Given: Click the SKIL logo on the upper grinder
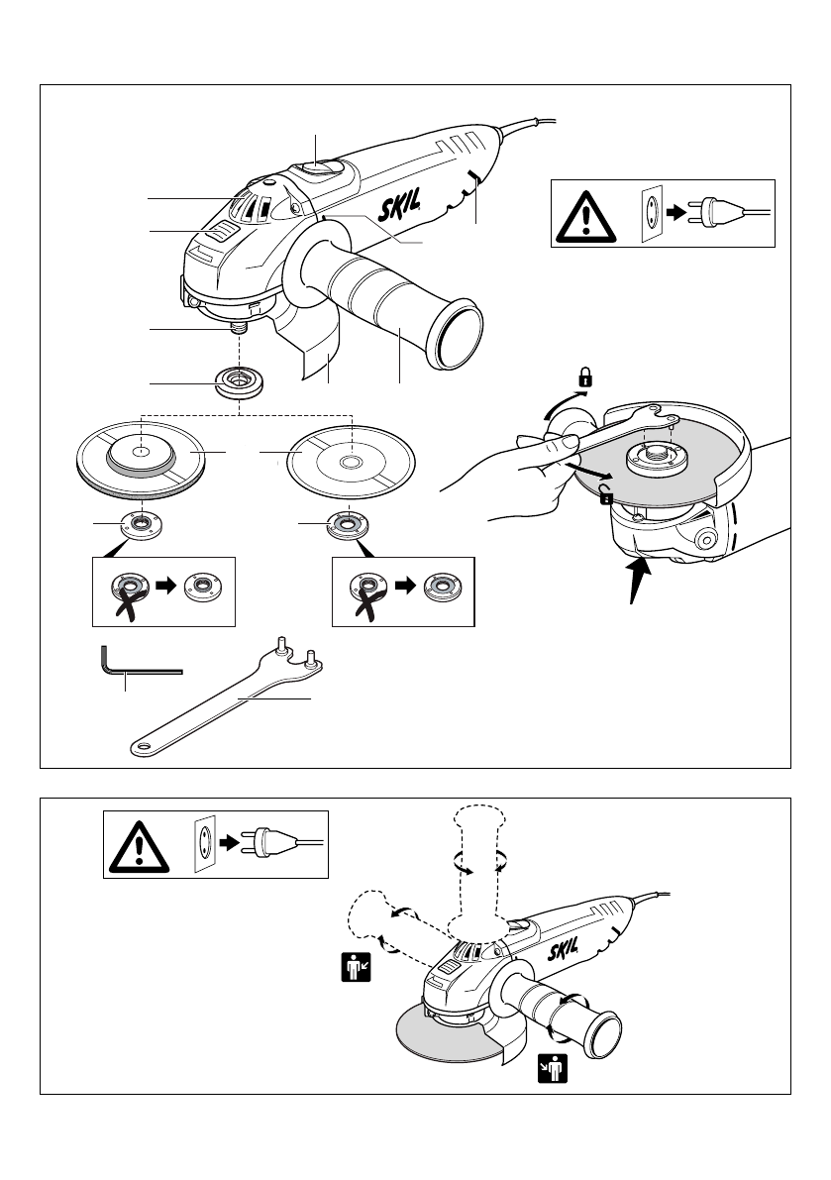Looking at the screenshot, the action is pyautogui.click(x=398, y=205).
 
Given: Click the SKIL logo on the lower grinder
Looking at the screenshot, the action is pyautogui.click(x=563, y=951).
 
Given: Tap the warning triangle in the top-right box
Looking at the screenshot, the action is pyautogui.click(x=585, y=218).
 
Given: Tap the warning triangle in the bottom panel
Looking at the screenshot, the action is pyautogui.click(x=139, y=847).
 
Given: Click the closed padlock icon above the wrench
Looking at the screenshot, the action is pyautogui.click(x=585, y=377).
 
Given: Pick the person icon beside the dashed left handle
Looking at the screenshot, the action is pyautogui.click(x=356, y=967).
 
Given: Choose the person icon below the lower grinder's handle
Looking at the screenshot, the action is pyautogui.click(x=553, y=1069).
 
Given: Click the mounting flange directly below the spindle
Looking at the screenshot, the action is pyautogui.click(x=239, y=382).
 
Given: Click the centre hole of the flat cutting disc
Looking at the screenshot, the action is pyautogui.click(x=349, y=463).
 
